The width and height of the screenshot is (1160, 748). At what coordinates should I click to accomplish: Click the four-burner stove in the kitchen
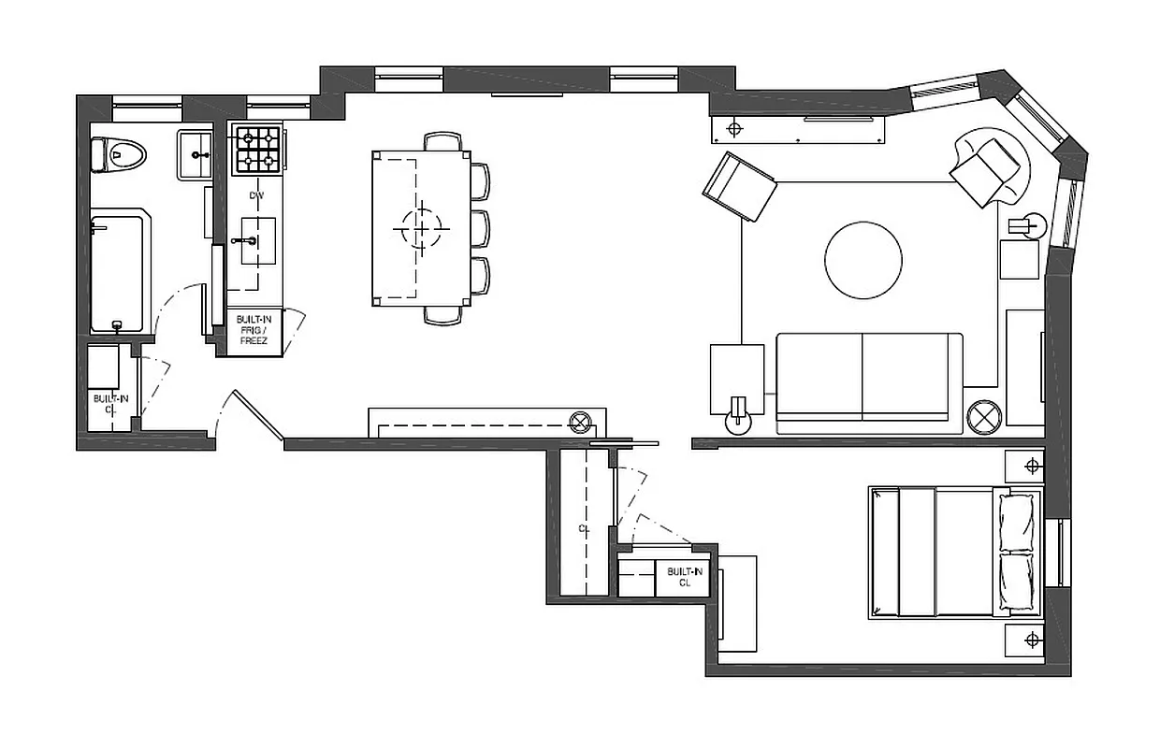pos(257,151)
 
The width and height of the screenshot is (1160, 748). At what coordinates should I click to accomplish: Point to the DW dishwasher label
pos(257,196)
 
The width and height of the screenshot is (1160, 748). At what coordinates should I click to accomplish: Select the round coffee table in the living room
pos(863,261)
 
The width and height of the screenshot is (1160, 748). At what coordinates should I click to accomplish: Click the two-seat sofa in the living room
pos(868,382)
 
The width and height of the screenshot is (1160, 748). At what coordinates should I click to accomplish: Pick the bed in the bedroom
pos(954,552)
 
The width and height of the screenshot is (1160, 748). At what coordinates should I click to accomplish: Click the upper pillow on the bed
pos(1018,521)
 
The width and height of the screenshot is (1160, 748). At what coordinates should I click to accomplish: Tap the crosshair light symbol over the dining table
pos(421,227)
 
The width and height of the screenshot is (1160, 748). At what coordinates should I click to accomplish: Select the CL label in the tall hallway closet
pos(584,529)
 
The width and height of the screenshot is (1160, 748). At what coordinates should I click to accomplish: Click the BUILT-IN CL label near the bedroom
pos(683,576)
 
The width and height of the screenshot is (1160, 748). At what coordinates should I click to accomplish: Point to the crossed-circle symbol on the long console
pos(581,421)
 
